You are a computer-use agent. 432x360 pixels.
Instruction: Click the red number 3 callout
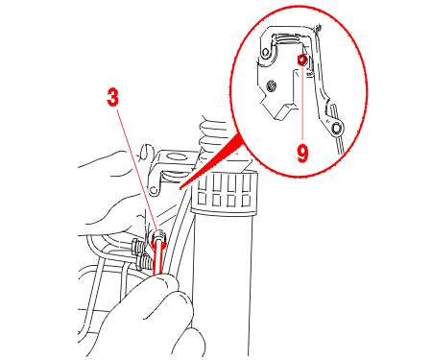(x=112, y=97)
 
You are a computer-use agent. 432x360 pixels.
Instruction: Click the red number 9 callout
(x=302, y=153)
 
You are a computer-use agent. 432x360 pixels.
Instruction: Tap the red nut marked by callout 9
(x=302, y=60)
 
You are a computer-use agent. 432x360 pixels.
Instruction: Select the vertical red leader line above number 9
(x=302, y=103)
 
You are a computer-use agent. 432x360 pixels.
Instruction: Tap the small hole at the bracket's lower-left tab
(x=155, y=190)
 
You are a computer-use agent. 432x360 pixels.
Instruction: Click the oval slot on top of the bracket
(x=175, y=156)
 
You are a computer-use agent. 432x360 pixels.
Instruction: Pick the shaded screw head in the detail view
(x=272, y=85)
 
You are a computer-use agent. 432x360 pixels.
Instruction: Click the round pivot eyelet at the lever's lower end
(x=337, y=129)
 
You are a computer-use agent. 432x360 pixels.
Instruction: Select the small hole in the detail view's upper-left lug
(x=265, y=53)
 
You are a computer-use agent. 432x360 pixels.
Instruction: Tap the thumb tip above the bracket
(x=147, y=151)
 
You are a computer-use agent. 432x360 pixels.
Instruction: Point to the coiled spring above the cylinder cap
(x=211, y=134)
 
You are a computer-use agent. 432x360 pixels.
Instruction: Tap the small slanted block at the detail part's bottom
(x=285, y=111)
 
